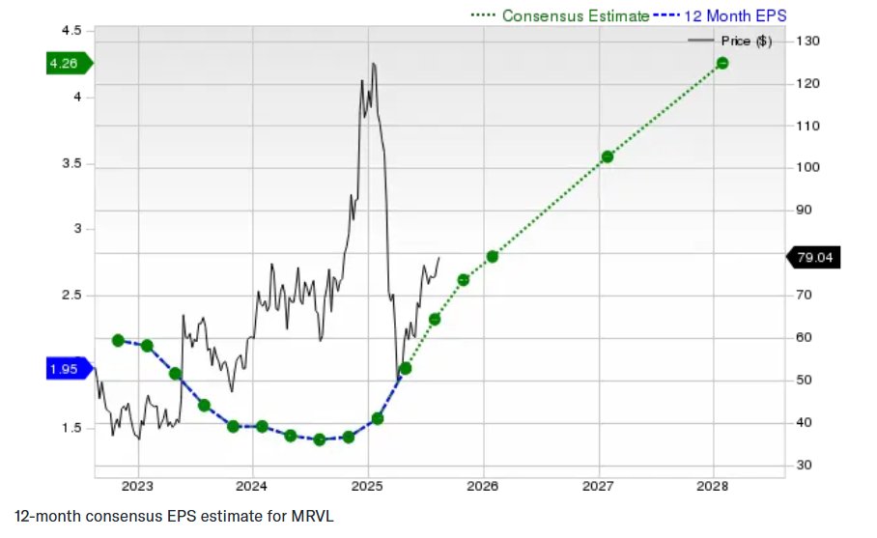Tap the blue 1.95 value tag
(66, 368)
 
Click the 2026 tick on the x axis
(482, 485)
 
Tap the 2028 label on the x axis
(713, 485)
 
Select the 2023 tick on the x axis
(137, 485)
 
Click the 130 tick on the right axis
(808, 42)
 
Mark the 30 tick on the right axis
(805, 466)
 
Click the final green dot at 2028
(721, 63)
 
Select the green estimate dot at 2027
(608, 156)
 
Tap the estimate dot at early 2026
(492, 256)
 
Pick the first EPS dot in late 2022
(118, 340)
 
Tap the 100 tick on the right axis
(808, 168)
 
